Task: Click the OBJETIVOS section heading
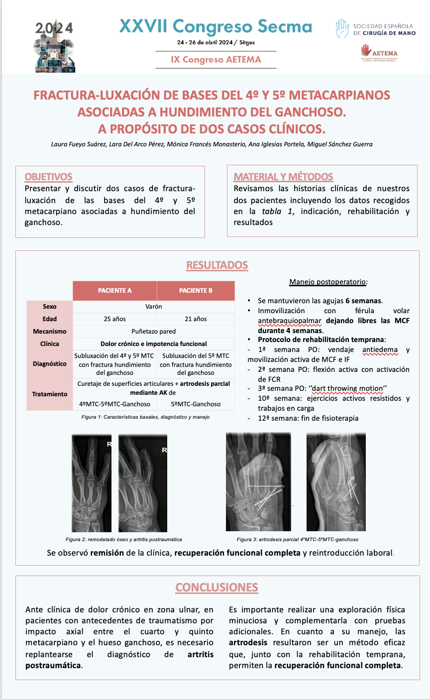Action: [48, 177]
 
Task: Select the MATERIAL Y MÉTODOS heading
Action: [283, 177]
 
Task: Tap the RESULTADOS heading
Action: [217, 265]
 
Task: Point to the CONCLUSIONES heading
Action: [216, 587]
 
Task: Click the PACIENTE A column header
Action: [114, 291]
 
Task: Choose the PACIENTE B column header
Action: [196, 291]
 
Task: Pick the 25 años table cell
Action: [114, 319]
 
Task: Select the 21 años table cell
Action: [196, 319]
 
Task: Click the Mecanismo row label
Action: [50, 332]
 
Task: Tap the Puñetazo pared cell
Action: [154, 332]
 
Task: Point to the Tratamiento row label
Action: [50, 394]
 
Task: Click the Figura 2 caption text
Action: [123, 539]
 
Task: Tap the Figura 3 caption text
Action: [297, 539]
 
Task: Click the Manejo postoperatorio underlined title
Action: [328, 282]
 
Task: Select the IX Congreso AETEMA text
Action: [216, 59]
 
